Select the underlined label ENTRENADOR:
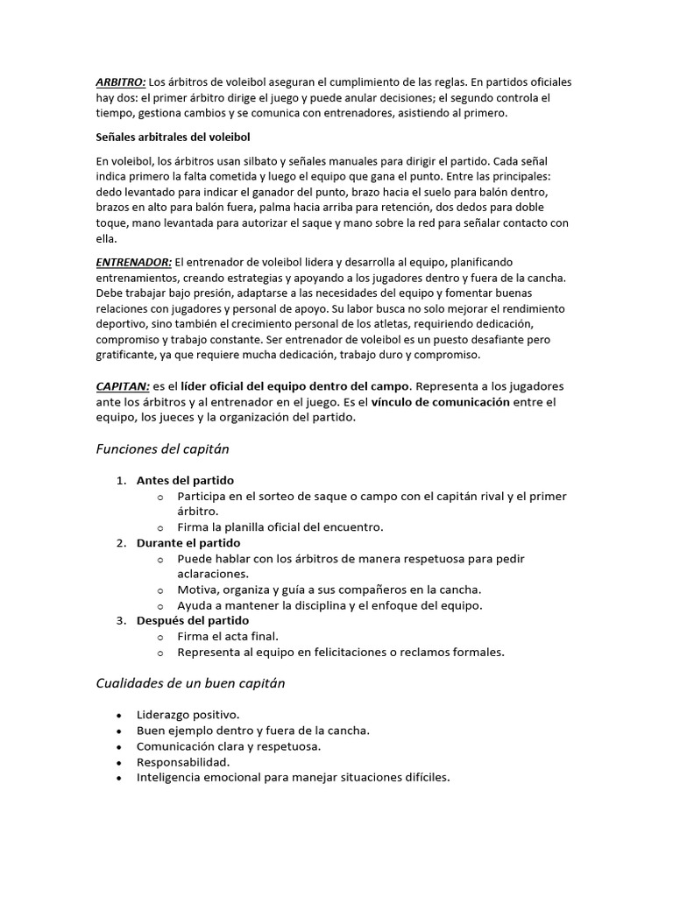(x=133, y=262)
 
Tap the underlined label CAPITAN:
(x=123, y=386)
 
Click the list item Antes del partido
(x=185, y=480)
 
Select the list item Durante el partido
(x=188, y=543)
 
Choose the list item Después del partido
(x=193, y=620)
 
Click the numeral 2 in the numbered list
(x=120, y=543)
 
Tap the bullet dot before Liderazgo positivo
(x=118, y=715)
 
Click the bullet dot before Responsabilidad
(x=118, y=762)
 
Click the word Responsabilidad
(x=183, y=762)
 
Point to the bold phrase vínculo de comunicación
(x=440, y=402)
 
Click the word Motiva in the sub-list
(x=196, y=590)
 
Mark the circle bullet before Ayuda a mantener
(x=160, y=605)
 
